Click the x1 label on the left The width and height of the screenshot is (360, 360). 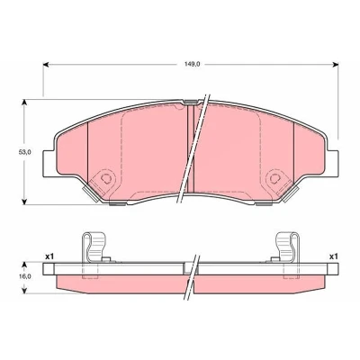click(49, 256)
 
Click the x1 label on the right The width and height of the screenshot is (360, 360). click(334, 256)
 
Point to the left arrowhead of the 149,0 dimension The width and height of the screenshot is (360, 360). click(46, 65)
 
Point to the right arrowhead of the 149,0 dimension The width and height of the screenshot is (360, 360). click(336, 65)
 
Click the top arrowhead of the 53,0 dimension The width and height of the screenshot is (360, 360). click(24, 103)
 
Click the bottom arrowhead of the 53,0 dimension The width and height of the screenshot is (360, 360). click(24, 202)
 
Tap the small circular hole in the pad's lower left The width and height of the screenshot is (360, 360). click(105, 178)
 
